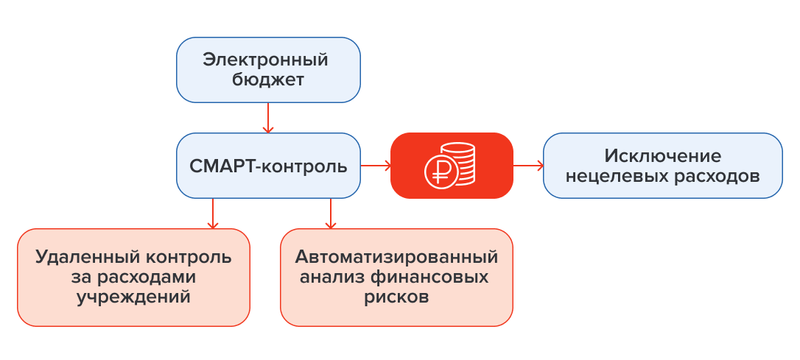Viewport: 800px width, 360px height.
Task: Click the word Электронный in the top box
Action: tap(266, 60)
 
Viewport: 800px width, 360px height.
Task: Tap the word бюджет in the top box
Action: tap(269, 80)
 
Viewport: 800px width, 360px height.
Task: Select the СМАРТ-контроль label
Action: tap(268, 166)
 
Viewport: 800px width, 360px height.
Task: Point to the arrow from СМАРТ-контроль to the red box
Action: tap(375, 166)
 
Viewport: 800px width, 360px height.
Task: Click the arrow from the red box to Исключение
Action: tap(527, 166)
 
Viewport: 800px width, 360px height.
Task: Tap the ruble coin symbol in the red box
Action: tap(439, 171)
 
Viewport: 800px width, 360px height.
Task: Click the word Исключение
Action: tap(662, 156)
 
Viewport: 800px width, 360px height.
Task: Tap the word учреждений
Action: tap(134, 298)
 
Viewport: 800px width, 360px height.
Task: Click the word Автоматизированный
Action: tap(396, 258)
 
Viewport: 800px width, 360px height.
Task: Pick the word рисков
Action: tap(396, 298)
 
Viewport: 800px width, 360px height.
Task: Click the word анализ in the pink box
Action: tap(332, 278)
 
